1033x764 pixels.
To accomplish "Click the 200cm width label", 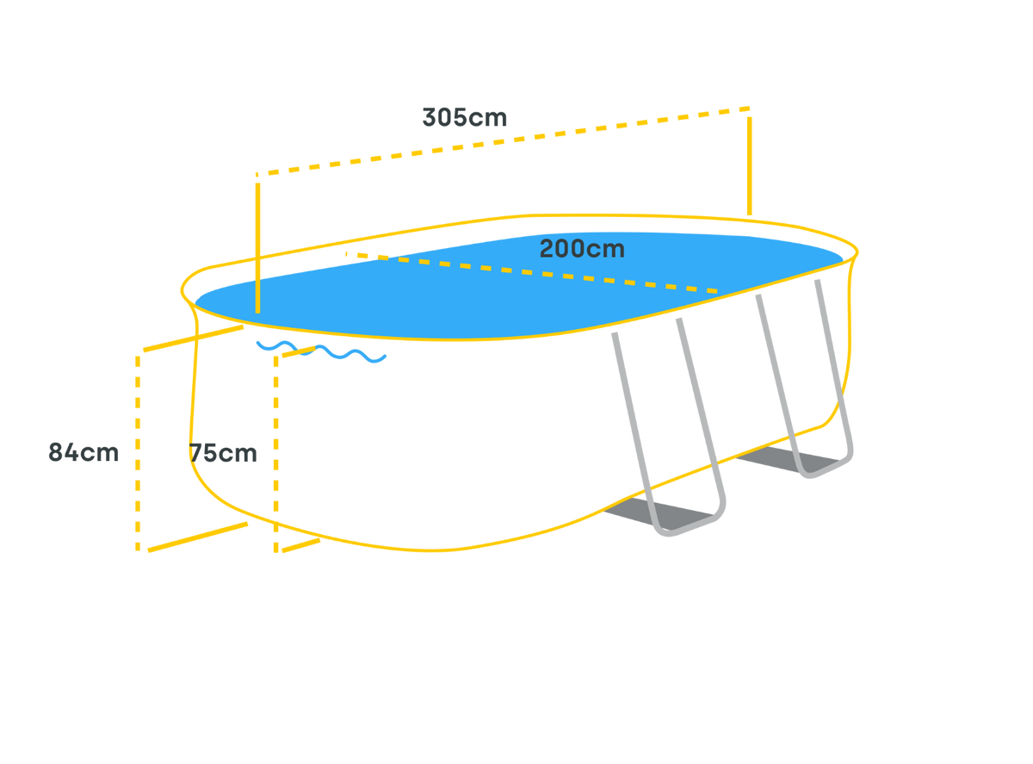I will (582, 250).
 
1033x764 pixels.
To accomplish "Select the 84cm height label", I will (84, 452).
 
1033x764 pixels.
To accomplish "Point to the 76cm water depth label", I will (225, 453).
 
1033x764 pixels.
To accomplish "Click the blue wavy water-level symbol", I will (320, 351).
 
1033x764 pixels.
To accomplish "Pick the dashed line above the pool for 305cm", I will (508, 140).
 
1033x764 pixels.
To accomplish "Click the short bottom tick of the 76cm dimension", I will (298, 544).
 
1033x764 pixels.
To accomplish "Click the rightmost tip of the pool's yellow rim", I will (859, 252).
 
